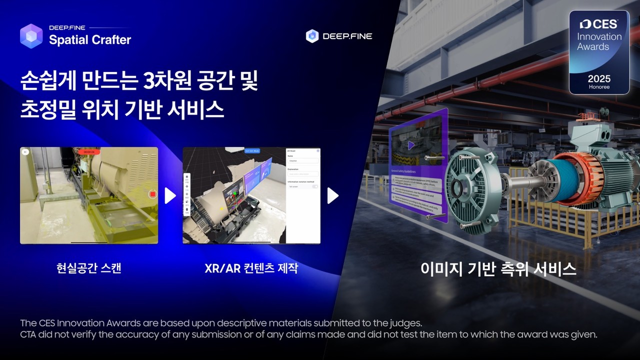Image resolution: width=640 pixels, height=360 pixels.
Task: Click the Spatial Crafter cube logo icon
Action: (31, 36)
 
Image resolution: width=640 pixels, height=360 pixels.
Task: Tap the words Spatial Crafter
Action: (90, 40)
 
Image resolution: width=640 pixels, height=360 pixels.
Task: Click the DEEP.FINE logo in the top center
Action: (339, 36)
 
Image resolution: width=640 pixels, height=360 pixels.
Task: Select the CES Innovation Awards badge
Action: (599, 52)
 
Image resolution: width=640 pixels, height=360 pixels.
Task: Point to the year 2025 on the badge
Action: (599, 79)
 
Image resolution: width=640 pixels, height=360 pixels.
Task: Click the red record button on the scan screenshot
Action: (153, 194)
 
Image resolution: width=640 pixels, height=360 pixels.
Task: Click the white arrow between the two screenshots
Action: (170, 195)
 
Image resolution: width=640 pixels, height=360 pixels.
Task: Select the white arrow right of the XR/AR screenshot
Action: (333, 195)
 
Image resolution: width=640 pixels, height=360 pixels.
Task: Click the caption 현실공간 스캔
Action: (89, 268)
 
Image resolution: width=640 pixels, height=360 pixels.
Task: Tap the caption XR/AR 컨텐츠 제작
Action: (251, 268)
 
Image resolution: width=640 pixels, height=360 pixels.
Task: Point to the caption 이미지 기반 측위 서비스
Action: (498, 269)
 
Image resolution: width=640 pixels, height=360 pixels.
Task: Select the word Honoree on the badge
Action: (599, 87)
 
